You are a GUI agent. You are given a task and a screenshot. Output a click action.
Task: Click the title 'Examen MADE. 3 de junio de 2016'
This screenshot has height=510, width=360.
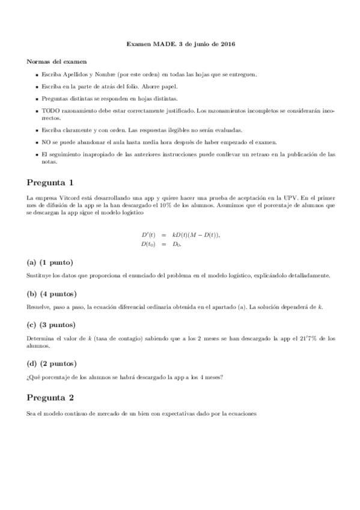[x=180, y=45]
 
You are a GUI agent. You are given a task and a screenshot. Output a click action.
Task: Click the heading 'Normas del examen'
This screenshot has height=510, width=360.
[x=56, y=61]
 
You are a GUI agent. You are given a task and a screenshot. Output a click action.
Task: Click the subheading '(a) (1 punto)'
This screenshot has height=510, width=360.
[x=50, y=262]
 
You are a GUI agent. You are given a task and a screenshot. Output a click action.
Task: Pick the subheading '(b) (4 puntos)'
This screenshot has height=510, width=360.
[x=52, y=293]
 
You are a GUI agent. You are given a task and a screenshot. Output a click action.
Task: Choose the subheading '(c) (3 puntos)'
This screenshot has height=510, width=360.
[x=52, y=325]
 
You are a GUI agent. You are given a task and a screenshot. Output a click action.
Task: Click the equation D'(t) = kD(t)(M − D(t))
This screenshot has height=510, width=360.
[x=180, y=235]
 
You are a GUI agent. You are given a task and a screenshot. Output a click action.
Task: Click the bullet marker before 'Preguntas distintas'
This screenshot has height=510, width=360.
[x=37, y=98]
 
